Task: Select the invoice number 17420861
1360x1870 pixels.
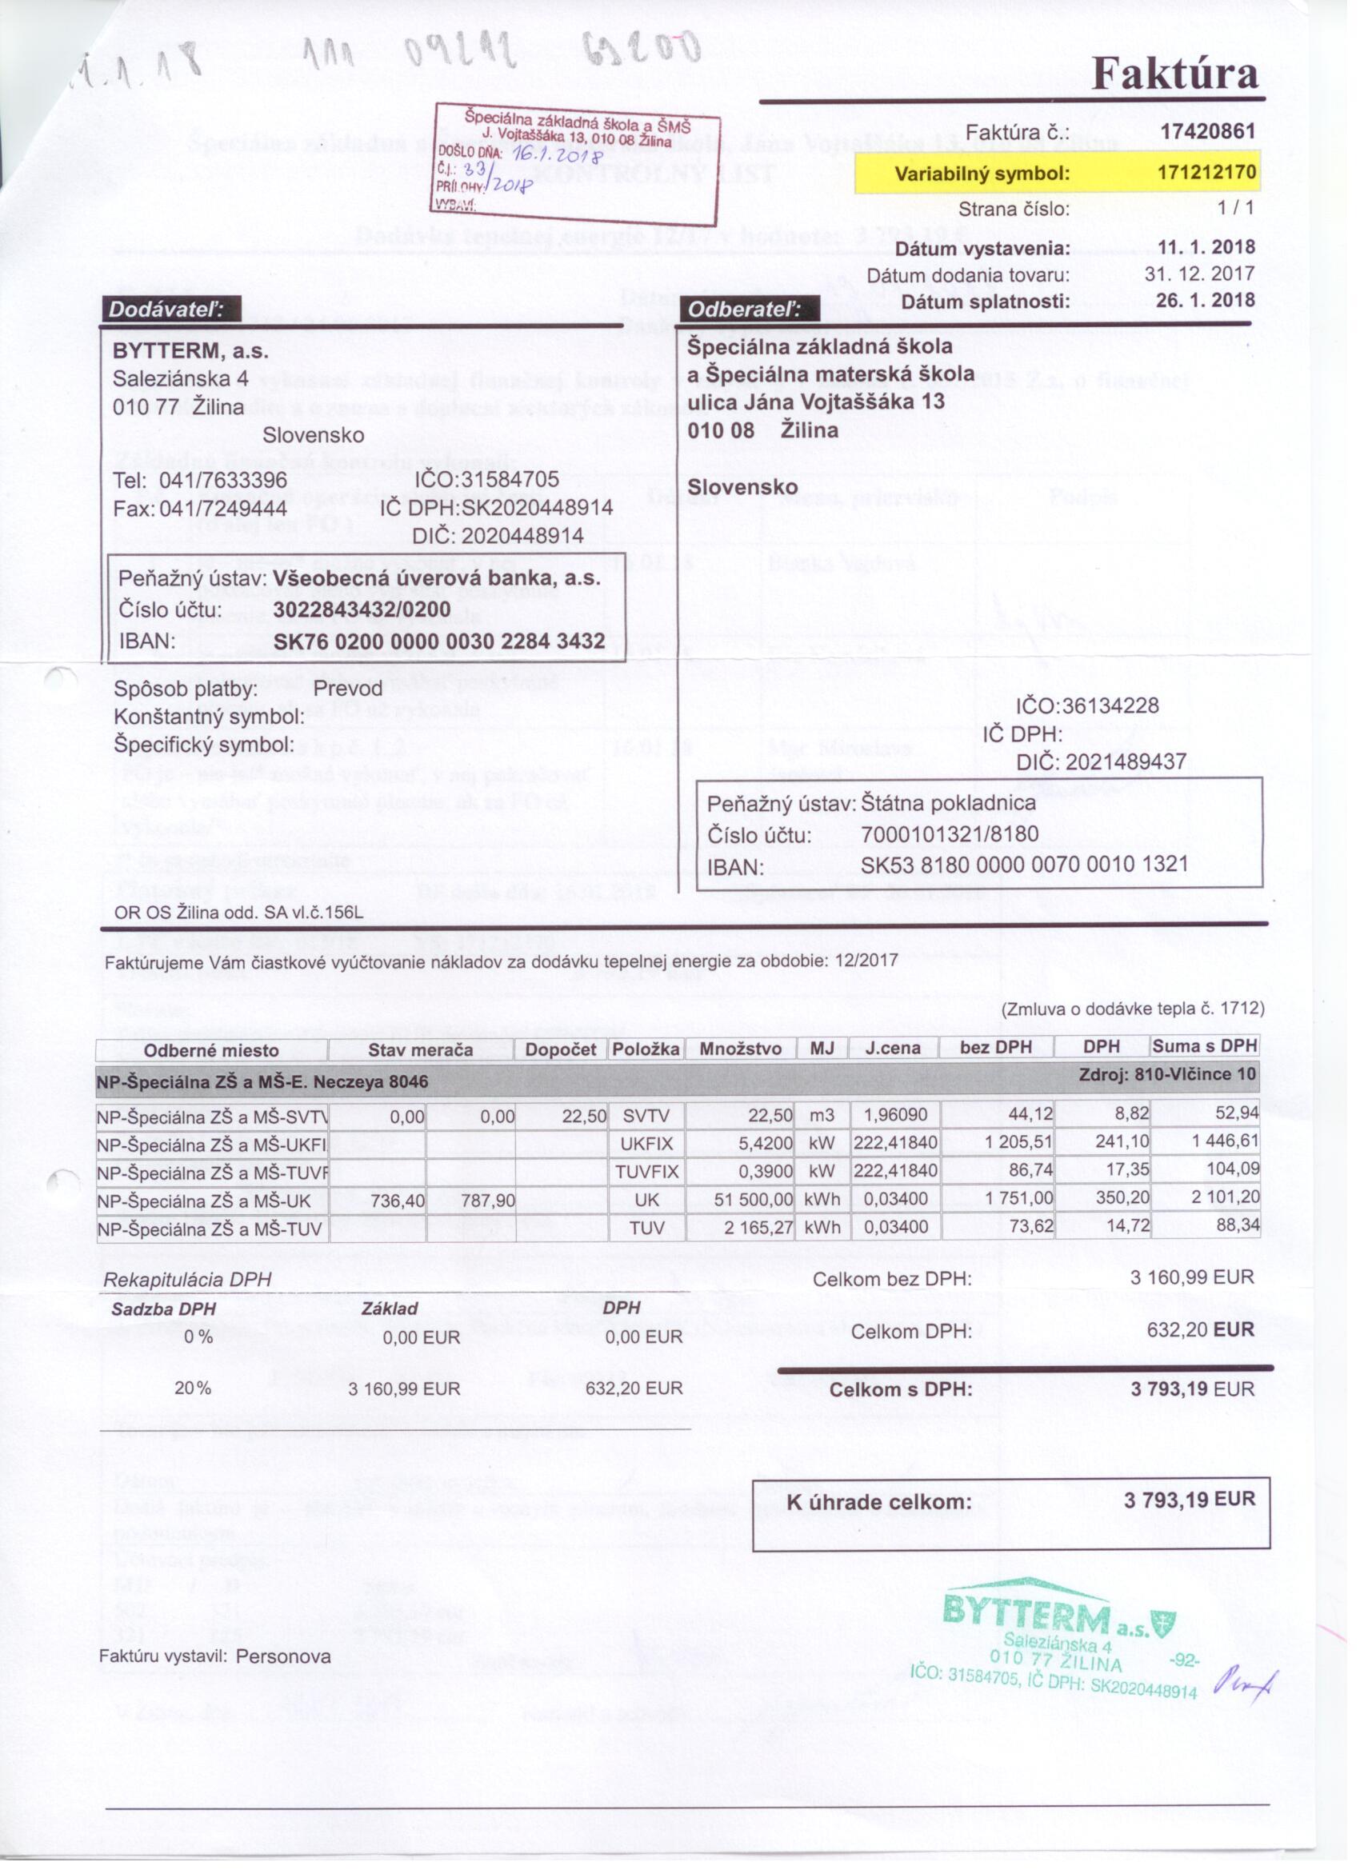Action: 1206,132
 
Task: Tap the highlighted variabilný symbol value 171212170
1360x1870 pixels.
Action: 1206,172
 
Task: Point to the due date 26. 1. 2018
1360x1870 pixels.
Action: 1205,300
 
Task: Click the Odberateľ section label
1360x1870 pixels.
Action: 748,310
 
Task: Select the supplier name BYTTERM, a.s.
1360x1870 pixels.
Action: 190,351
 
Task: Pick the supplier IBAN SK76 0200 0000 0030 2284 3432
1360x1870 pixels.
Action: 438,641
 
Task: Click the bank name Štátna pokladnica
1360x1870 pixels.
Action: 948,803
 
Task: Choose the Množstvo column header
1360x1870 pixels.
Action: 740,1049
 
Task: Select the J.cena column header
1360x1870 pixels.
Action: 892,1048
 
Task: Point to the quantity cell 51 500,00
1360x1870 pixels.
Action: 753,1199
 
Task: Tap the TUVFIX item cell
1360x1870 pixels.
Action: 646,1172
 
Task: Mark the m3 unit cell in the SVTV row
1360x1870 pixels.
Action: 822,1116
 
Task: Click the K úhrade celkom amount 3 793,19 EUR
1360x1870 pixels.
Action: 1189,1500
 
